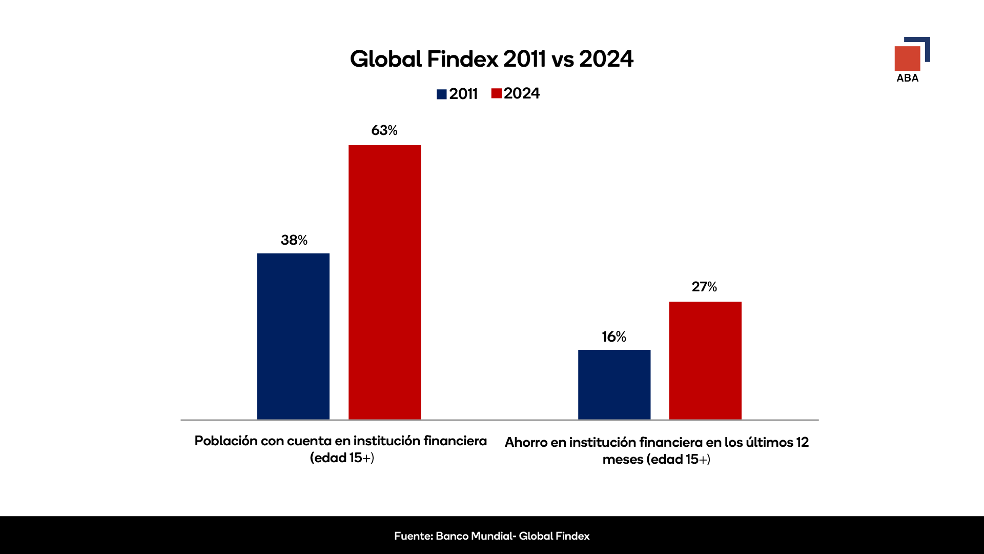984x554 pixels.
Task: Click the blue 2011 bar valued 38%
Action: click(x=293, y=336)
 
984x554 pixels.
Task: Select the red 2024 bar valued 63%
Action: click(x=384, y=282)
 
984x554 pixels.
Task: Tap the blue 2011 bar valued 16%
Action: click(x=614, y=384)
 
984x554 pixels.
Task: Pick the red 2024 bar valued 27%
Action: click(x=705, y=360)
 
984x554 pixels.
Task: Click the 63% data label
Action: click(x=384, y=130)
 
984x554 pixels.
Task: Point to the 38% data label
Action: click(x=294, y=240)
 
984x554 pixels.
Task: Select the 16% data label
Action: click(x=614, y=337)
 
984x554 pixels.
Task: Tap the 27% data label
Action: click(x=704, y=287)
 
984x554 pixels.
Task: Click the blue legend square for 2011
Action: click(x=441, y=94)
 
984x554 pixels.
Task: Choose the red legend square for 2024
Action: click(x=496, y=93)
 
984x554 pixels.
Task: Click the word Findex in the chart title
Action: click(x=462, y=59)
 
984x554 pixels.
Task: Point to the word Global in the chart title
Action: click(x=385, y=59)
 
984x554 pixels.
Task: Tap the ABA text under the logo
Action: click(x=907, y=78)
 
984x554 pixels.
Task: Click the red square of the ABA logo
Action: click(x=907, y=58)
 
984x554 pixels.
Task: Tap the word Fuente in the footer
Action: click(x=413, y=536)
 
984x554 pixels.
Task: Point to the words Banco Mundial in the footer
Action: click(x=474, y=536)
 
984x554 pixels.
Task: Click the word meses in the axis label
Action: click(x=623, y=460)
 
